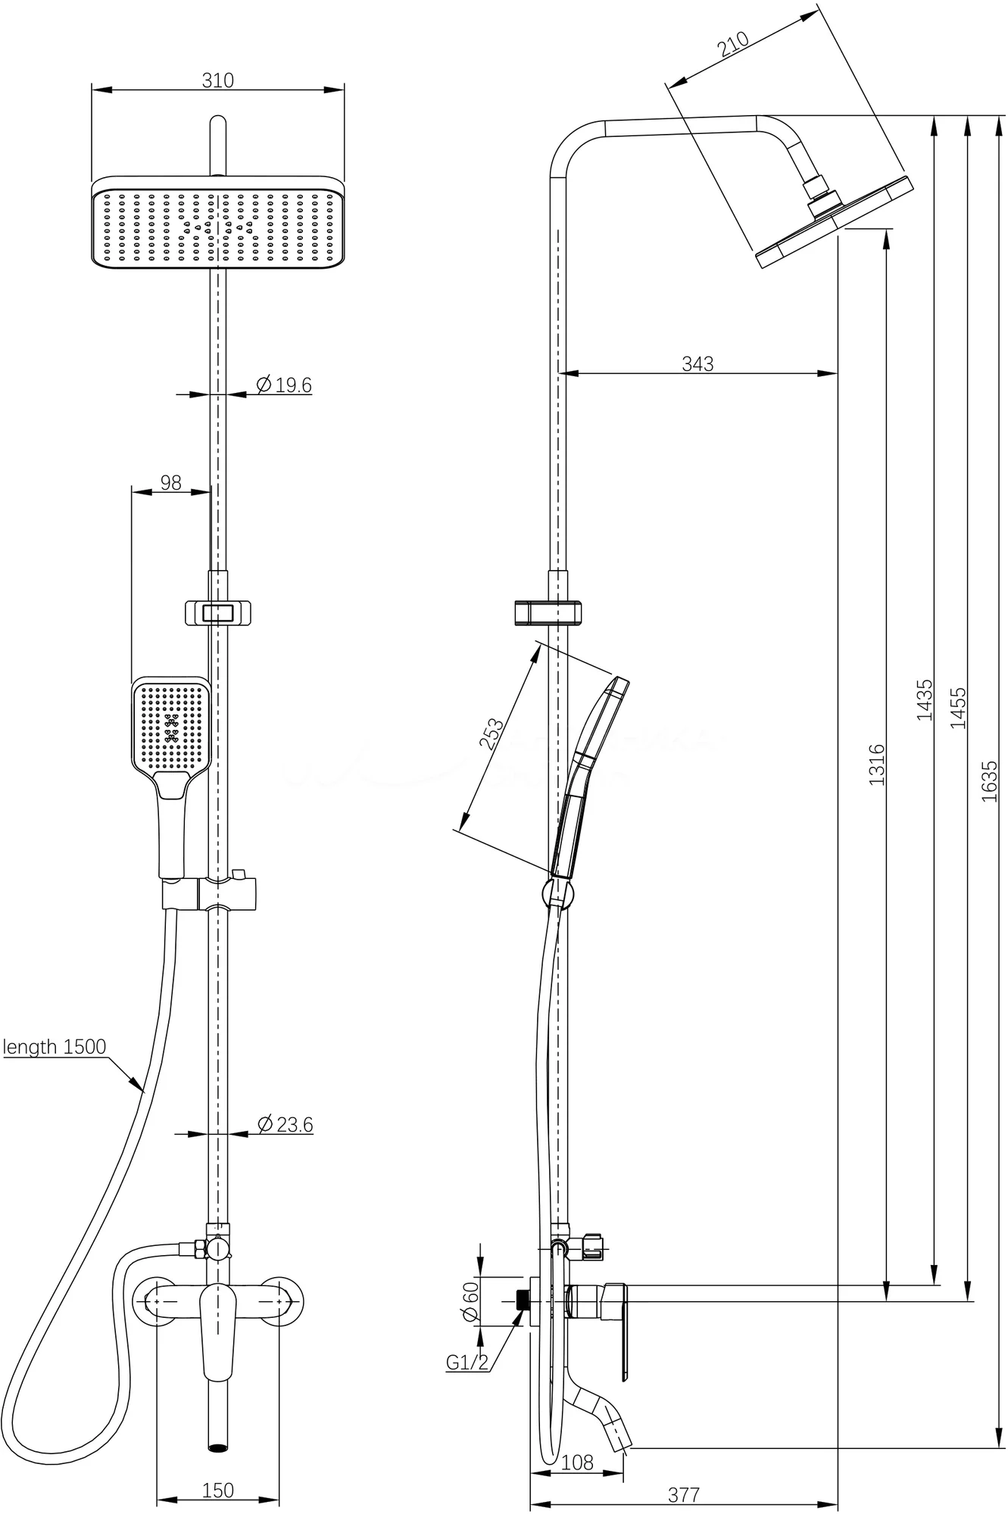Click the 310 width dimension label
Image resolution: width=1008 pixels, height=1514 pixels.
point(218,80)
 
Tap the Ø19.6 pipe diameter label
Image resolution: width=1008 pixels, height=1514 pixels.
point(284,385)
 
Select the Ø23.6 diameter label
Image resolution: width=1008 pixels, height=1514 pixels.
point(285,1124)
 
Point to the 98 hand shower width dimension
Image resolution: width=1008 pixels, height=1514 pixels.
point(171,482)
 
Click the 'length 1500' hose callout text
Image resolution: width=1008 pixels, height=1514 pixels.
point(55,1047)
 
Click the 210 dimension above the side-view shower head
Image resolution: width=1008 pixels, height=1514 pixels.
point(732,45)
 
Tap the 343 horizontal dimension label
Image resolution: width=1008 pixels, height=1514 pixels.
point(697,364)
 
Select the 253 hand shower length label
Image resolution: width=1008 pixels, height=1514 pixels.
point(492,733)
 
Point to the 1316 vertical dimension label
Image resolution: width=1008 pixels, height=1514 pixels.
point(876,765)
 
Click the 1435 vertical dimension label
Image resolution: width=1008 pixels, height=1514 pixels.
point(925,699)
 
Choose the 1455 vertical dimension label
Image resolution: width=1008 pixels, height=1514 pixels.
point(959,708)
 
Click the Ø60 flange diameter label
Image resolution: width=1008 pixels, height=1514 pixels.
point(471,1301)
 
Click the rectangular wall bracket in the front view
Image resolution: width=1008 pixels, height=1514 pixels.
point(217,612)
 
